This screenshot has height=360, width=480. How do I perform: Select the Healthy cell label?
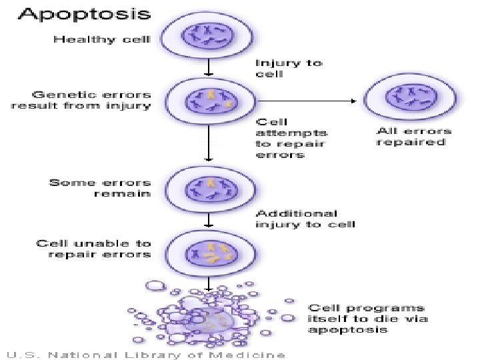click(102, 39)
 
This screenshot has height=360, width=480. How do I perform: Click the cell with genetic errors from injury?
click(210, 101)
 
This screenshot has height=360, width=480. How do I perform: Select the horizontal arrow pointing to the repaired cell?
click(307, 101)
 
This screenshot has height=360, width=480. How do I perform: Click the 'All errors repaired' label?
click(414, 137)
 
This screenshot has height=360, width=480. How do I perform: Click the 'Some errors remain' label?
click(101, 188)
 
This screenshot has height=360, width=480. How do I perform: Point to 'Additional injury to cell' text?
click(305, 219)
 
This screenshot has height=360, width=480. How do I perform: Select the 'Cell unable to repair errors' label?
click(94, 249)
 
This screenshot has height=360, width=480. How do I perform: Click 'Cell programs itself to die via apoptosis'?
click(367, 318)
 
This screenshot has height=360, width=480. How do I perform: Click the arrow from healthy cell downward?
click(209, 65)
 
